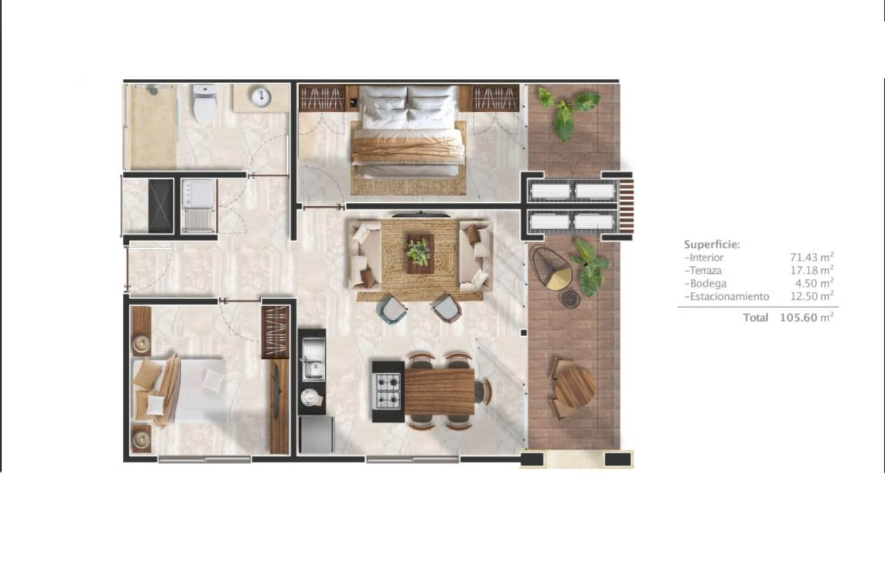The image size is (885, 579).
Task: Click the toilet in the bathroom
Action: coord(204,104)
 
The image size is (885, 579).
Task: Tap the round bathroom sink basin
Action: coord(261,96)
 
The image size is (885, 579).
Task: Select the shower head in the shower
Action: coord(153,90)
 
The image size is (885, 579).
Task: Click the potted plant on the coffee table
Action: coord(420,253)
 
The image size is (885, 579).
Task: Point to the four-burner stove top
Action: coord(388,391)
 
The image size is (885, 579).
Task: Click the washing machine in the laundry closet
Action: coord(199,206)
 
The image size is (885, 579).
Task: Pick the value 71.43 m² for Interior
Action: coord(811,257)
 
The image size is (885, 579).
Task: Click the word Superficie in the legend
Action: coord(711,244)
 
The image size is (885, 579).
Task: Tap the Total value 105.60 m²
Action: coord(806,317)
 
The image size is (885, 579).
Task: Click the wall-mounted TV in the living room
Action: coord(420,215)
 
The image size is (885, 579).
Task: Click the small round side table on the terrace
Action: coord(571,299)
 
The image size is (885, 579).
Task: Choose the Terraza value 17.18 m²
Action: coord(812,270)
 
